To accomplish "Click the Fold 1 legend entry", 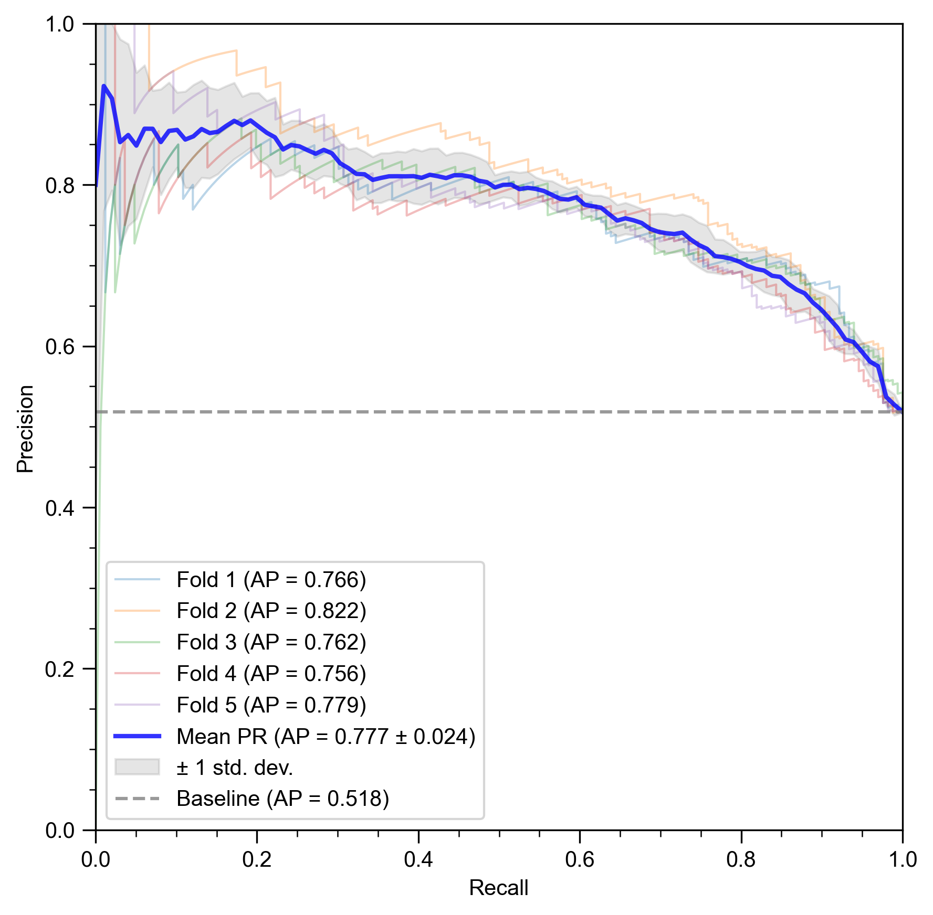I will [271, 580].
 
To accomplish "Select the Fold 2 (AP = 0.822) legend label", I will [271, 611].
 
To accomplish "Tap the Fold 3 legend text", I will [271, 642].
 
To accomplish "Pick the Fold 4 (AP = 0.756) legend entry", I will [271, 674].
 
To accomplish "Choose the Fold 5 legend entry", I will [271, 705].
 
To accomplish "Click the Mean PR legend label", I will [326, 737].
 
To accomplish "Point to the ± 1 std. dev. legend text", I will [235, 768].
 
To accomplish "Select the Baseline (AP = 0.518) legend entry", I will [282, 799].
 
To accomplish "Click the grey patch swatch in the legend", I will [137, 767].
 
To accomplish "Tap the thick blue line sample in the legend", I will [137, 737].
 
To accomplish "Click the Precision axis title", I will [25, 429].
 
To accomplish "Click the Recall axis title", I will [498, 888].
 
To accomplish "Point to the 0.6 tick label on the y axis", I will [60, 347].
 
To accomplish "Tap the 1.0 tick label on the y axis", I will [60, 24].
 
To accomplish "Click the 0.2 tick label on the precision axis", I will [60, 669].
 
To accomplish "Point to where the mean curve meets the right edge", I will [901, 410].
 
